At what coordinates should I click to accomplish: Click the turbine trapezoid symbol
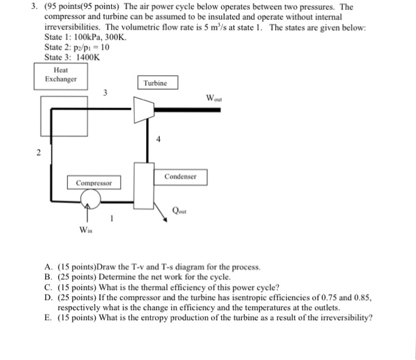pos(142,109)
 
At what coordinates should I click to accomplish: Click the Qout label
pos(179,210)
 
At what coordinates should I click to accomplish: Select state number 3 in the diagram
pos(106,93)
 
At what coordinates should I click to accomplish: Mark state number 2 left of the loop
pos(38,154)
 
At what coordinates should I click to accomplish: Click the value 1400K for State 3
pos(88,57)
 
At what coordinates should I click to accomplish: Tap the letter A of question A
pos(48,268)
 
